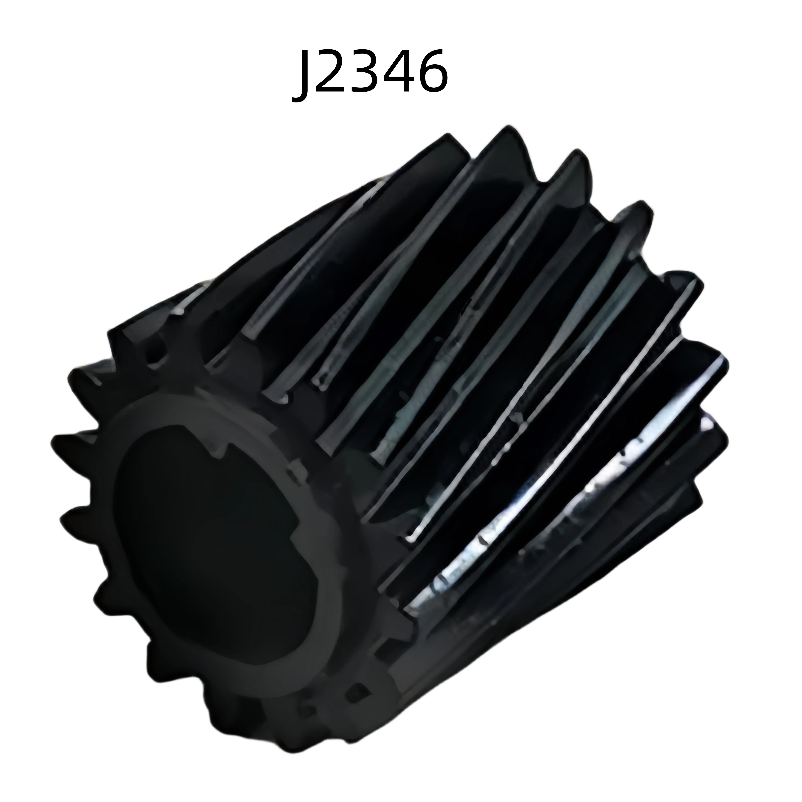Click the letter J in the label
pos(302,77)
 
